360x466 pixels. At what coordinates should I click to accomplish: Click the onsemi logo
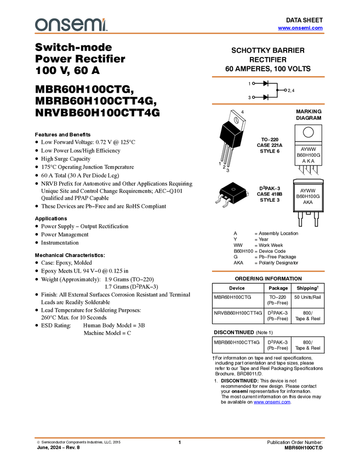click(70, 25)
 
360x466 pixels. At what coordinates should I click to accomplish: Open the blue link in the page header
click(300, 28)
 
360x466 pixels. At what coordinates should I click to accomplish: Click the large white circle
click(308, 132)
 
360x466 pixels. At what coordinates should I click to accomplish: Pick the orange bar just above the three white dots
click(268, 77)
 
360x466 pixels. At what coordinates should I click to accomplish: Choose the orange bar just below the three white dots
click(268, 104)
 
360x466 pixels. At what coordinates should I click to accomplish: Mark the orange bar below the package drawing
click(268, 271)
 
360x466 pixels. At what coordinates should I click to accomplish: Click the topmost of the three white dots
click(253, 83)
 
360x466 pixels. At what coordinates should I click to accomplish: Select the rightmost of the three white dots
click(285, 90)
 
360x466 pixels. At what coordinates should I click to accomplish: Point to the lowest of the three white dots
click(253, 97)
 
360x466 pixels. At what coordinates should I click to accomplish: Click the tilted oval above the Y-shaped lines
click(236, 120)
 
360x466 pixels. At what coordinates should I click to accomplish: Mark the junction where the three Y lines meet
click(235, 135)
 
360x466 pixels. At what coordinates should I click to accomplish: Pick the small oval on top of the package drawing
click(233, 189)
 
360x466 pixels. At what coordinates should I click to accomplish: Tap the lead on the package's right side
click(248, 194)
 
